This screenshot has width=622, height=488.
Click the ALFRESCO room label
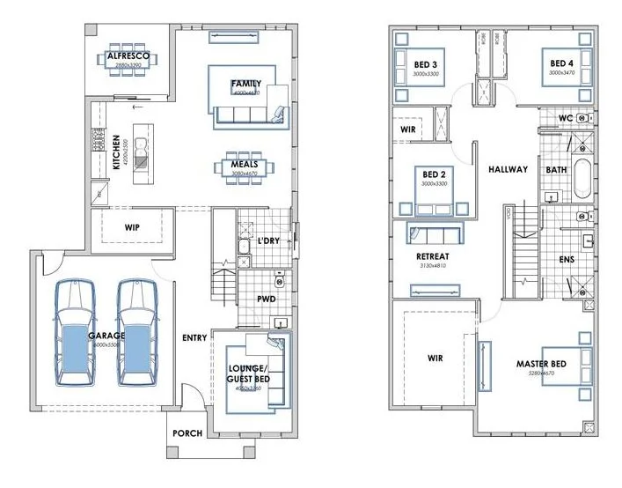coord(128,57)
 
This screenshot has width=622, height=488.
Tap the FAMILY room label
coord(245,85)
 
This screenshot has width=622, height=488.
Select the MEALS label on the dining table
coord(244,164)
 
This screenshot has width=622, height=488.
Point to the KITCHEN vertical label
coord(115,152)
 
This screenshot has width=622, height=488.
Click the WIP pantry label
coord(132,226)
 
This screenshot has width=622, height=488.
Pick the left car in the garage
coord(74,333)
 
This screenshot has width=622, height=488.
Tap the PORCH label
coord(187,433)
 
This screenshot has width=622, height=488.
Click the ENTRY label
coord(194,337)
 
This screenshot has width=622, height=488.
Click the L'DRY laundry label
coord(269,240)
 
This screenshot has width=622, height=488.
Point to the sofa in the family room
coord(249,115)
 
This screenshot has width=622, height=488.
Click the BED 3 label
coord(426,63)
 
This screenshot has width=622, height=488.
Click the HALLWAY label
coord(508,169)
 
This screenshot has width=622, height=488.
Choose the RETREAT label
coord(433,256)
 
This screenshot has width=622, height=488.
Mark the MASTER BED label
coord(542,364)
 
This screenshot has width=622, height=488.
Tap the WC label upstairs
coord(566,118)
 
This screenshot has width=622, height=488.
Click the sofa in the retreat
coord(434,234)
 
